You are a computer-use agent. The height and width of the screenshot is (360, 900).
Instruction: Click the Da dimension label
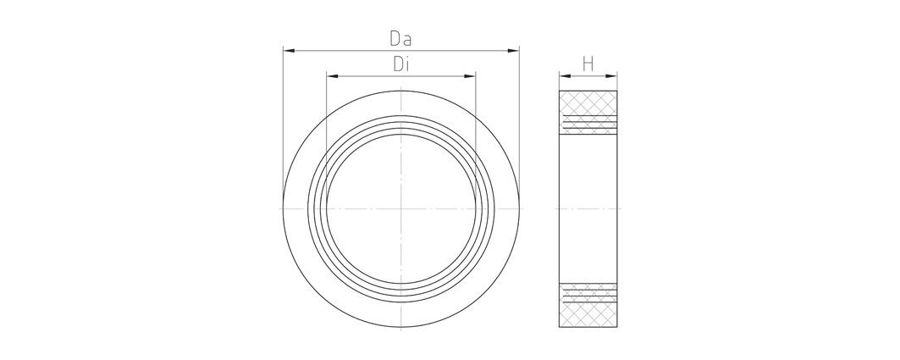[x=400, y=38]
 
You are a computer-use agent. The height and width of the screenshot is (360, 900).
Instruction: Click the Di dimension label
[x=400, y=64]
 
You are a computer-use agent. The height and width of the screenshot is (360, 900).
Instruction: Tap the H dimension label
[x=588, y=64]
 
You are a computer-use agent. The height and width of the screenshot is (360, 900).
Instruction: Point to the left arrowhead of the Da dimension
[x=288, y=52]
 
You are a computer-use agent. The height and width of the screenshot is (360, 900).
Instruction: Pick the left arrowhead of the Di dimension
[x=332, y=77]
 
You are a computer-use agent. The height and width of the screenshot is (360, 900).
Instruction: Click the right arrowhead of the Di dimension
[x=470, y=77]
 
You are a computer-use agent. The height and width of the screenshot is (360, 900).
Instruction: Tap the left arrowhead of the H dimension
[x=563, y=75]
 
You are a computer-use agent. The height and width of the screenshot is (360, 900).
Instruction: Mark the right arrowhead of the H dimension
[x=613, y=75]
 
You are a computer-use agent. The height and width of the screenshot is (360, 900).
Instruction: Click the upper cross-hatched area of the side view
[x=588, y=102]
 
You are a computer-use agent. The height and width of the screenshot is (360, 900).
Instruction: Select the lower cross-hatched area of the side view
[x=588, y=313]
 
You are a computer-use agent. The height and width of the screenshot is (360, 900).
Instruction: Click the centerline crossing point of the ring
[x=400, y=208]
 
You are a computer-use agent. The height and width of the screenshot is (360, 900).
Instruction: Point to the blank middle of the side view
[x=588, y=208]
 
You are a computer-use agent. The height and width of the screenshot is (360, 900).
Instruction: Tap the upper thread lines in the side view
[x=588, y=125]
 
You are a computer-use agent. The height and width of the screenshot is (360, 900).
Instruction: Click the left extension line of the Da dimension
[x=283, y=127]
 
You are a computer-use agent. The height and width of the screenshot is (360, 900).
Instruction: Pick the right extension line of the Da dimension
[x=519, y=127]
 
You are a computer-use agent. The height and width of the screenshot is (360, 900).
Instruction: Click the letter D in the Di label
[x=395, y=64]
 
